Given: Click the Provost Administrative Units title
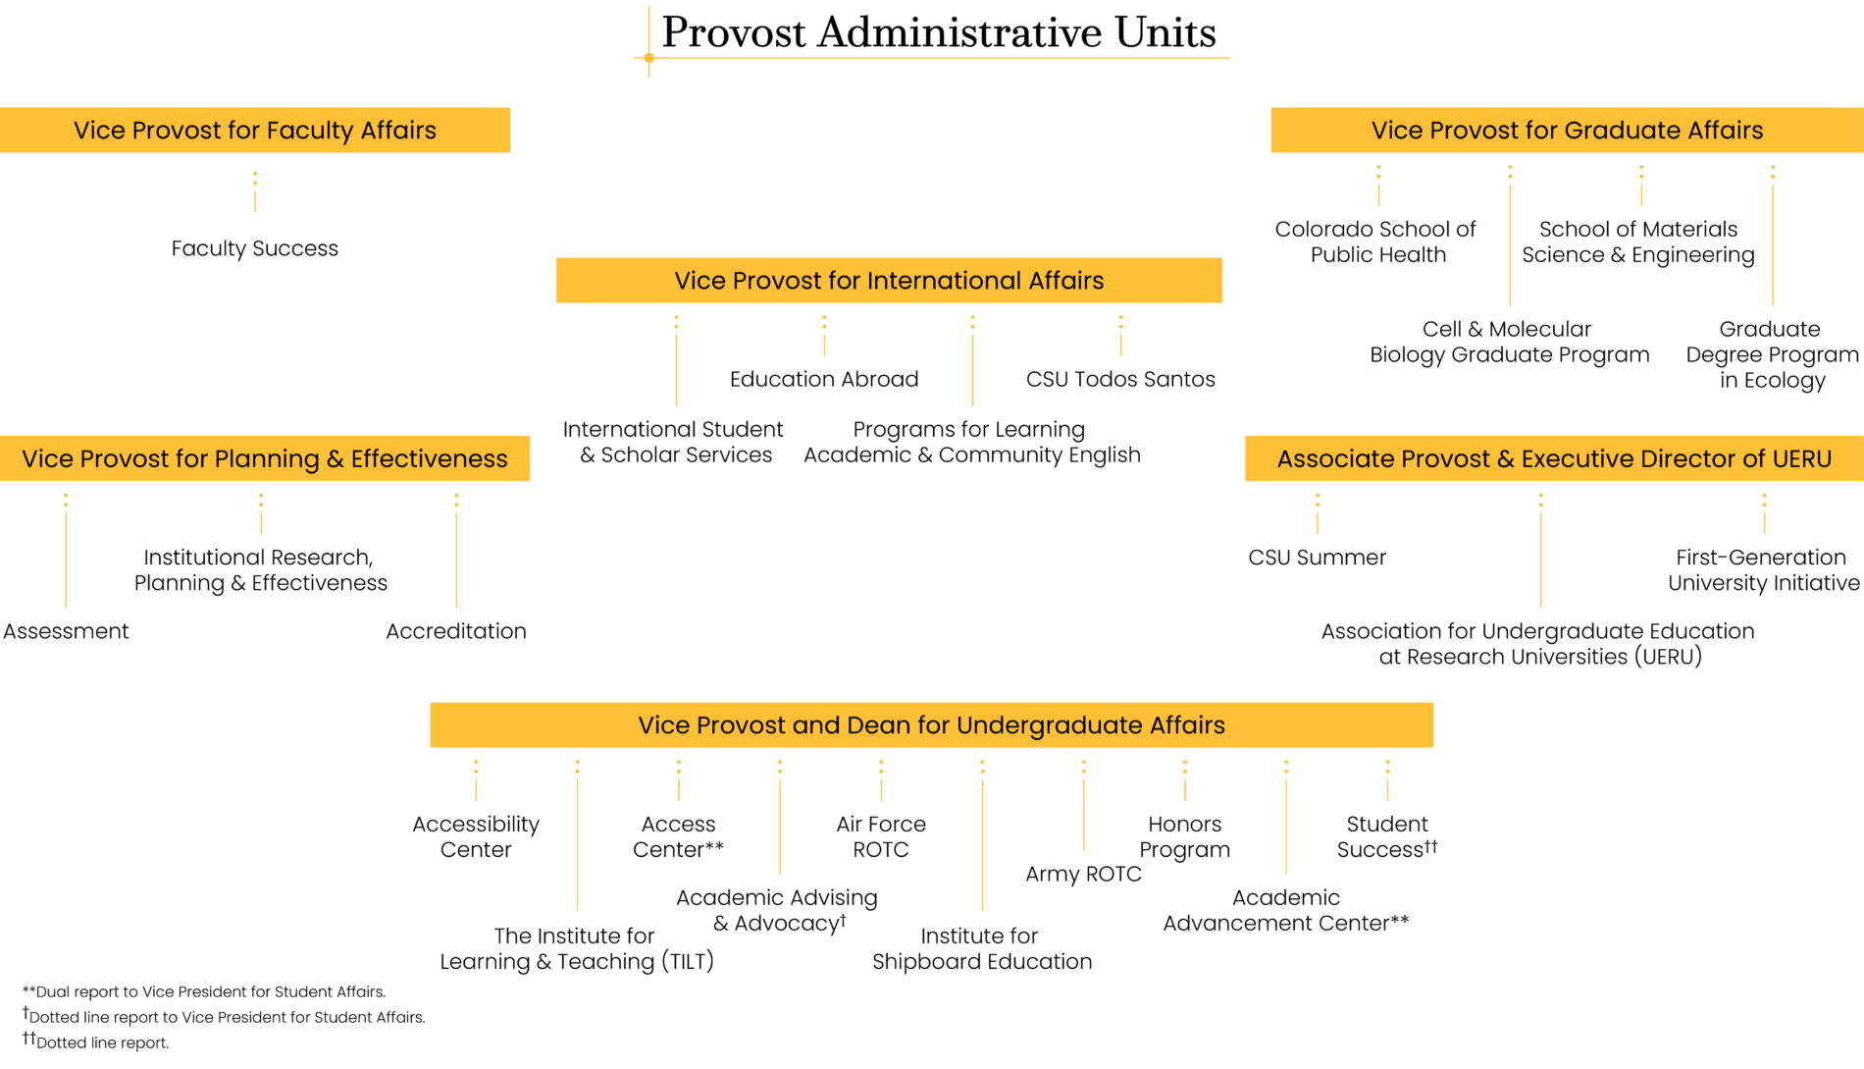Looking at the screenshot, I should pos(938,32).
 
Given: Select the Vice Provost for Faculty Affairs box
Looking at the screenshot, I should pos(255,131).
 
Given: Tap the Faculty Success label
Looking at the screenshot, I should pos(255,248).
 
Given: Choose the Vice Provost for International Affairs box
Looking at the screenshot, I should pos(889,281).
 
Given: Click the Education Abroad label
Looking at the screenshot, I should pos(824,379).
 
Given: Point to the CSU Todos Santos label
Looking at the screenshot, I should pos(1120,379).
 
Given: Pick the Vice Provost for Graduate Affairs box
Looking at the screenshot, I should pos(1567,131).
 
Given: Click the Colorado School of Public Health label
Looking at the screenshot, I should pos(1376,241).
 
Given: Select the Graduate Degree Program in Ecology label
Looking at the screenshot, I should pos(1772,354).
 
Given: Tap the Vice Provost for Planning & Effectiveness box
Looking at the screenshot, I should pos(265,458).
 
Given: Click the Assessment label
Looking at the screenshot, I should pos(66,631).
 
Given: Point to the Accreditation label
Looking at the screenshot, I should pos(456,631).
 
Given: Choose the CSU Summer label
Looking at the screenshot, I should pos(1317,558).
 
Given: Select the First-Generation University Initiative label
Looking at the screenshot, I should pos(1763,570).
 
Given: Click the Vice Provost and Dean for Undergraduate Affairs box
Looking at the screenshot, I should pos(931,725).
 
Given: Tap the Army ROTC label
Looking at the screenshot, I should pos(1083,874).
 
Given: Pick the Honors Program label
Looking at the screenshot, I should pos(1184,836).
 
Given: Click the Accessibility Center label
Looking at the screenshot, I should pos(476,836).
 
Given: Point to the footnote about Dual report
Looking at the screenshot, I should pos(204,991).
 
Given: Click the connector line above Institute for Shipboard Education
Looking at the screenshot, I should pos(982,844).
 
